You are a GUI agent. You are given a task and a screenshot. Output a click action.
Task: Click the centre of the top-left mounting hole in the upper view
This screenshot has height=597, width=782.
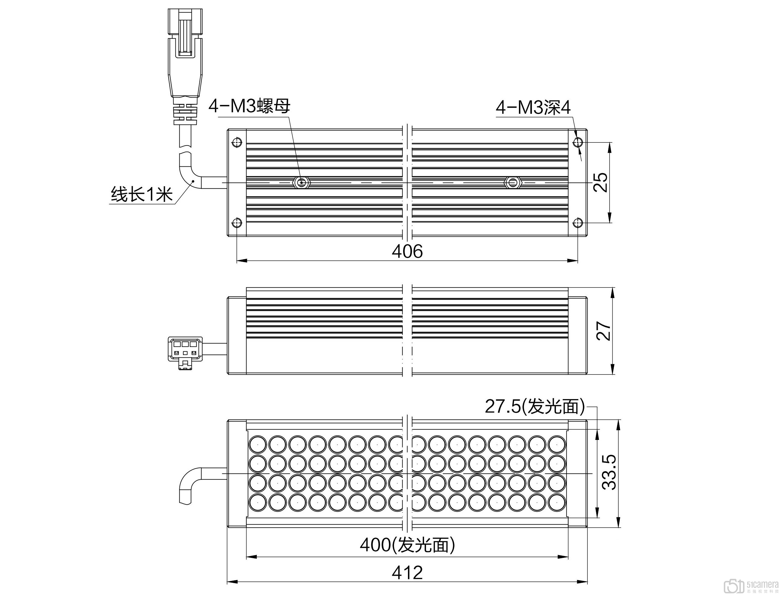coord(237,143)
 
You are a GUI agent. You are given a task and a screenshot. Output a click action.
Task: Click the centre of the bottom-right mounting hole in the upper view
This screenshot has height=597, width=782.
coord(578,223)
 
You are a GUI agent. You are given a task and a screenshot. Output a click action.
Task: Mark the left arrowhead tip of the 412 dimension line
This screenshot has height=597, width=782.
coord(227,582)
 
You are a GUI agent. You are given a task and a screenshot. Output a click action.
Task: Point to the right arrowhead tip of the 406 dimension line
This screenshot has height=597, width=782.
coord(578,261)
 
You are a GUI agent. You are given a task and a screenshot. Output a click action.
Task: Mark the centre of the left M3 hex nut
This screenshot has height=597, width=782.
coord(302,183)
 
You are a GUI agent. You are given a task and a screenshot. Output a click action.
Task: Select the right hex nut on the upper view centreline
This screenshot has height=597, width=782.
coord(512,183)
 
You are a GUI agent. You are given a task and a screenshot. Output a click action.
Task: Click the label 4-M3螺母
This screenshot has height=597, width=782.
coord(249,106)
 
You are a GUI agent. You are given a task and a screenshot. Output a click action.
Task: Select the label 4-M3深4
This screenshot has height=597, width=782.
coord(533,107)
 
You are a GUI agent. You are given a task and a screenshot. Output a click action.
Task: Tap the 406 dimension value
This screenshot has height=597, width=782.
coord(407,251)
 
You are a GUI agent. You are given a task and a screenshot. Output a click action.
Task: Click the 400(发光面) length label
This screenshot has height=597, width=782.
coord(407,545)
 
